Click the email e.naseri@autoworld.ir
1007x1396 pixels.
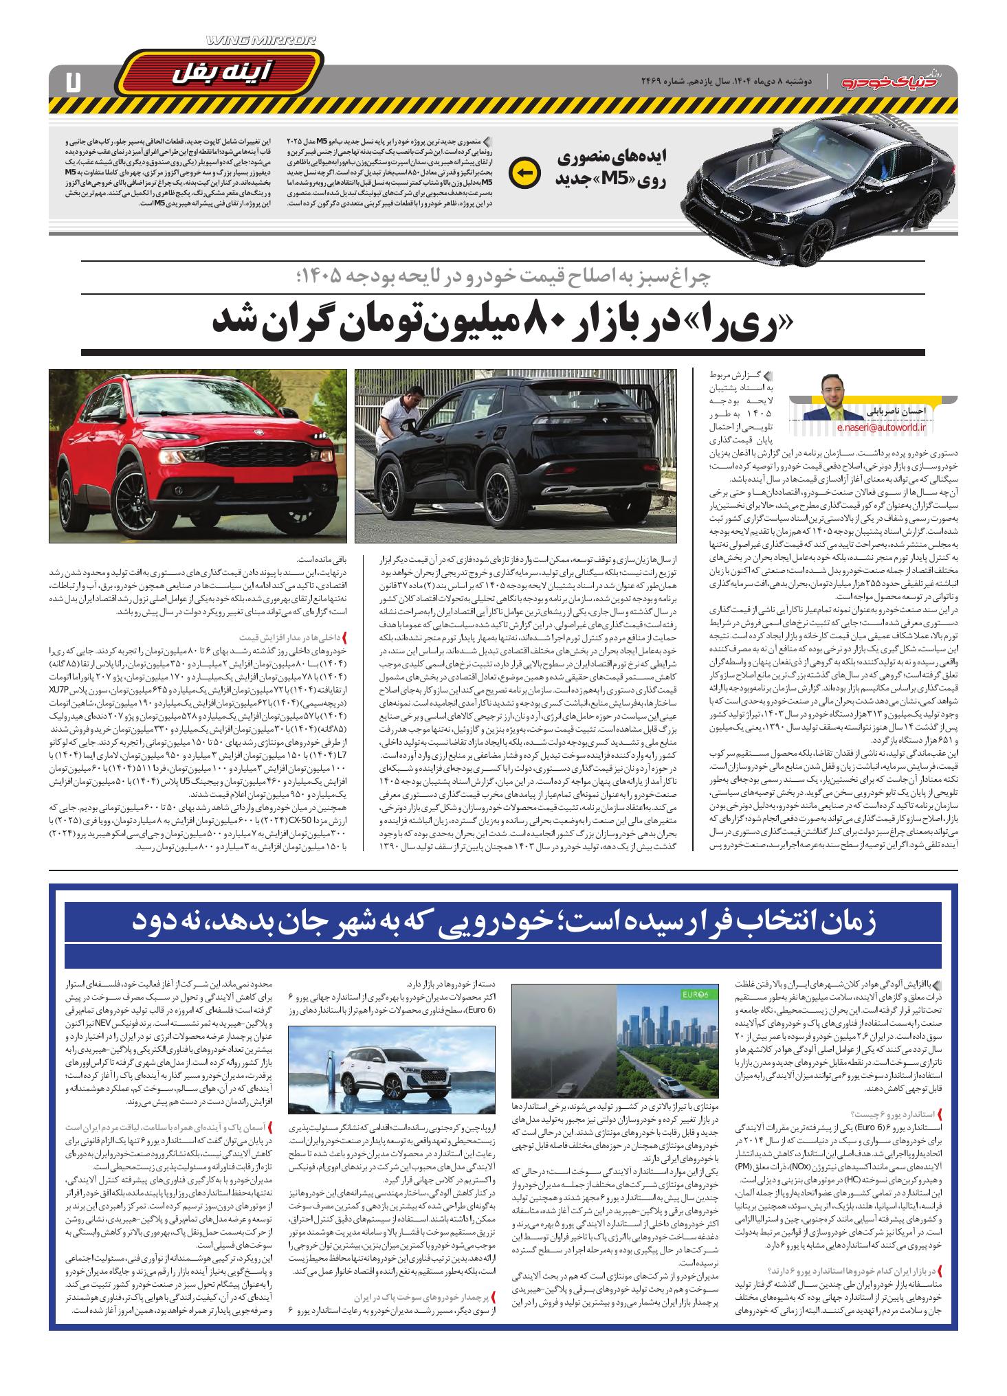[882, 427]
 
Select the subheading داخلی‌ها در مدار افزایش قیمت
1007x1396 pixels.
[297, 637]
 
